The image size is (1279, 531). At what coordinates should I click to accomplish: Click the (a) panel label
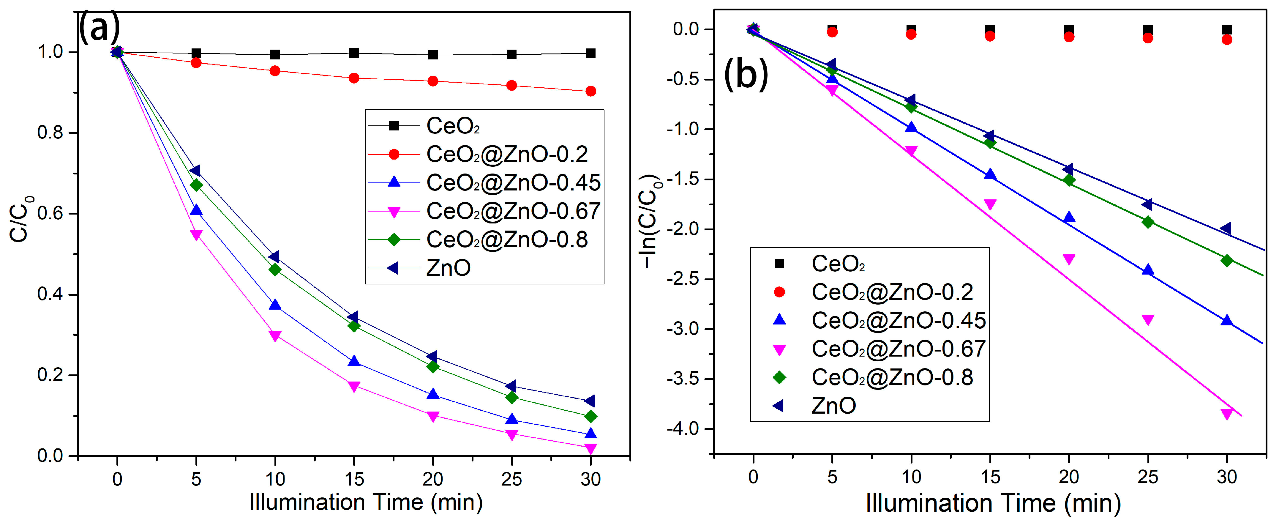click(99, 27)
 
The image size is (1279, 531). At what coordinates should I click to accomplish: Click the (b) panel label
click(746, 73)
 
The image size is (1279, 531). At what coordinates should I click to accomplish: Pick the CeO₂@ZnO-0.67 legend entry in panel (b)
click(898, 349)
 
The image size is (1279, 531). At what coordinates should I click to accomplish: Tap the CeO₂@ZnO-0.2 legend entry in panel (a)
click(506, 155)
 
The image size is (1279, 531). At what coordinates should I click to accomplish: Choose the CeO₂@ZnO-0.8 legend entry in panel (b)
click(892, 377)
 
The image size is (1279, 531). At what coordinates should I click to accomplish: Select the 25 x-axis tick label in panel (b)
click(1147, 477)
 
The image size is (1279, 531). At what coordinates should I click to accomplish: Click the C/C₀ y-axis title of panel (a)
click(21, 219)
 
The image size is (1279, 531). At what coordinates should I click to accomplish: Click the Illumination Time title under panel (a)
click(366, 503)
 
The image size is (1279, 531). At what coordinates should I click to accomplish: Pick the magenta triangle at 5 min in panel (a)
click(196, 234)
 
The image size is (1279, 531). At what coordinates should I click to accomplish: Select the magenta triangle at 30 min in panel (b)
click(1227, 414)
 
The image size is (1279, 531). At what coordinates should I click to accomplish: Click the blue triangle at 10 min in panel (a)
click(275, 305)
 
